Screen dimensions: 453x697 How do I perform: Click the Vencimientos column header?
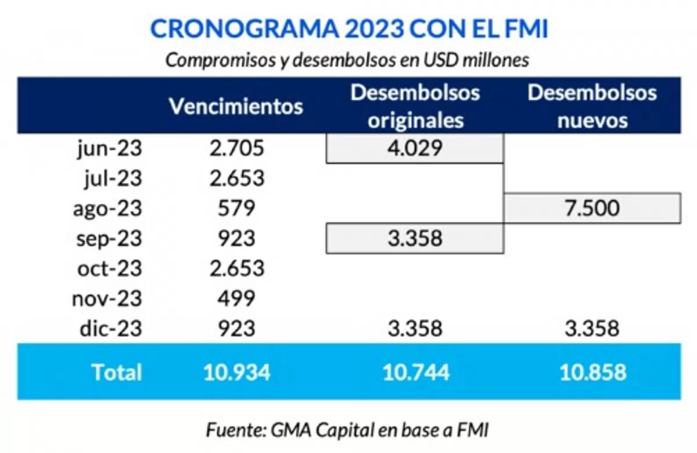(236, 107)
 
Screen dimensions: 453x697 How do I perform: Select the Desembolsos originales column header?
(415, 106)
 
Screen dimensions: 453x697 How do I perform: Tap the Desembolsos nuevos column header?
(592, 106)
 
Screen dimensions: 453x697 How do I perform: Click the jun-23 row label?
(110, 149)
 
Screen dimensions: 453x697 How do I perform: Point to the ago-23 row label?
(107, 208)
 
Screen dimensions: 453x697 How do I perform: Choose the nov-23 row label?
(107, 299)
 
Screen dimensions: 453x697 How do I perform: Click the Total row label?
(116, 372)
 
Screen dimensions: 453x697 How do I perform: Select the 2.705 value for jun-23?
(237, 149)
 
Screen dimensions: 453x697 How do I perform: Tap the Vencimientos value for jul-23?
(237, 178)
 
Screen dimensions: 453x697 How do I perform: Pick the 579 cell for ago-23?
(237, 208)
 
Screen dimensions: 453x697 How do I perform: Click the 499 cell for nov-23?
(237, 299)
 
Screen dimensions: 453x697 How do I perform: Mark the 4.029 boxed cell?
(415, 149)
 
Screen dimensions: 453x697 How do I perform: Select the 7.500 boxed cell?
(592, 208)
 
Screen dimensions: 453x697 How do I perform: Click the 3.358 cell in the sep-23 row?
(415, 239)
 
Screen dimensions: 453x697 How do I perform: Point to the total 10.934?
(237, 372)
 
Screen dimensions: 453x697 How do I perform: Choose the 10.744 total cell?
(415, 372)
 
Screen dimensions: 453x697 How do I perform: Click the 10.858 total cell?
(593, 372)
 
